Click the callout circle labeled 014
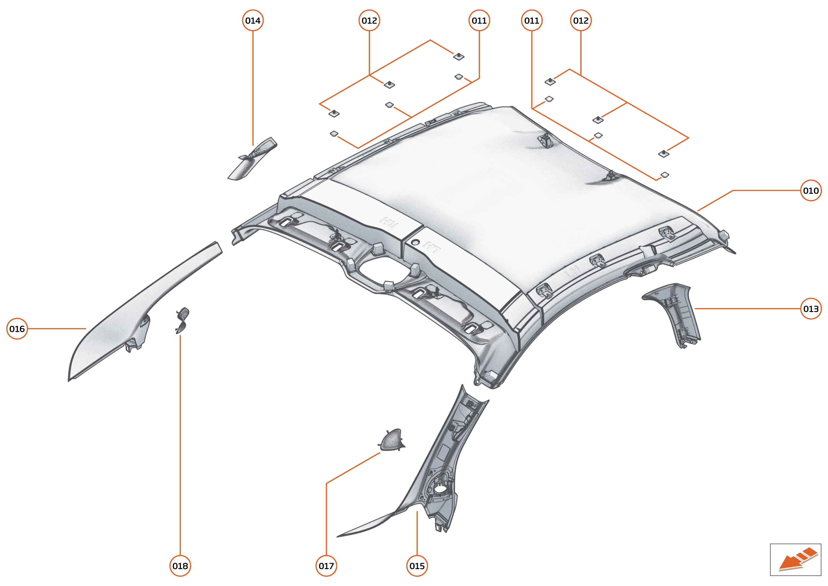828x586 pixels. pyautogui.click(x=253, y=21)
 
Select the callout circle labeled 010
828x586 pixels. pyautogui.click(x=811, y=190)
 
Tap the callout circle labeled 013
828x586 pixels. pyautogui.click(x=811, y=309)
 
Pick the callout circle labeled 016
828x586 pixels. pyautogui.click(x=17, y=329)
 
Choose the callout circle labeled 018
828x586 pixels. pyautogui.click(x=180, y=566)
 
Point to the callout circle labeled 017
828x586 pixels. pyautogui.click(x=326, y=566)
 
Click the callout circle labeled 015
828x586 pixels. pyautogui.click(x=417, y=566)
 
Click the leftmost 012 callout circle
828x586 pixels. pyautogui.click(x=369, y=21)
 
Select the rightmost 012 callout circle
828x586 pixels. pyautogui.click(x=581, y=21)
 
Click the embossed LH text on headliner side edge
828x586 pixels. pyautogui.click(x=573, y=271)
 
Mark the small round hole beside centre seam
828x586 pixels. pyautogui.click(x=416, y=242)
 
